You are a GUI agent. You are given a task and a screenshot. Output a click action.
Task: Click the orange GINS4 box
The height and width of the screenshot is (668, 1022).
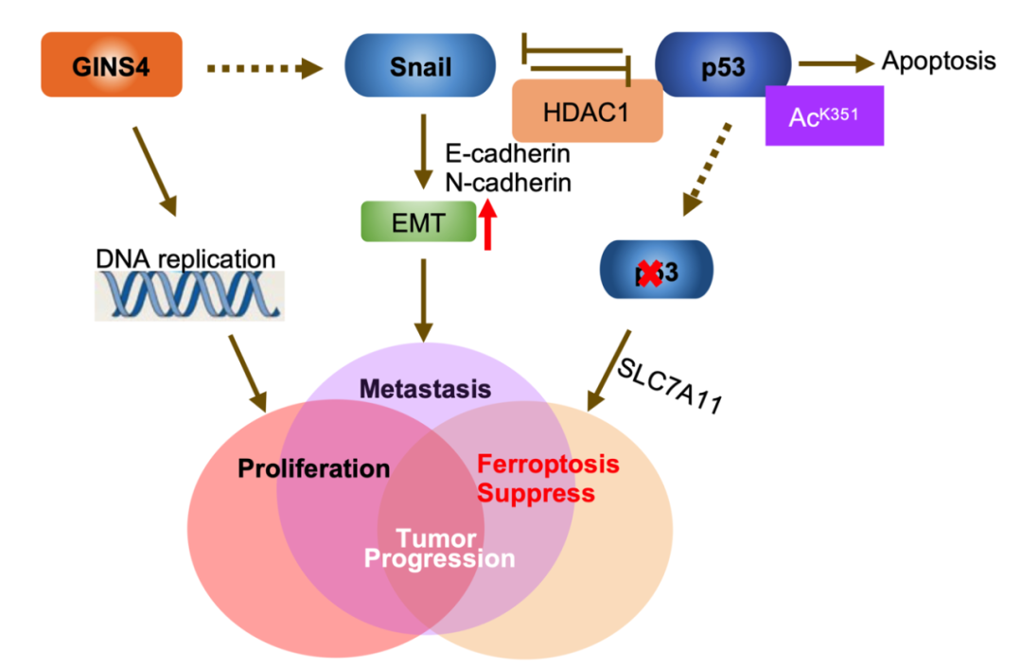coord(112,65)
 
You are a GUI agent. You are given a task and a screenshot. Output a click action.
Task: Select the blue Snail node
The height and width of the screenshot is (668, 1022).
coord(420,65)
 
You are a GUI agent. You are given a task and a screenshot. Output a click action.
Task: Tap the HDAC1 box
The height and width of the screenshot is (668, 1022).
coord(587,111)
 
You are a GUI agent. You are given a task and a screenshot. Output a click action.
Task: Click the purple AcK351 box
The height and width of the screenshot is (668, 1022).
coord(824,115)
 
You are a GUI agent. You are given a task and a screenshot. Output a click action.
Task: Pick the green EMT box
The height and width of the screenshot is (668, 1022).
coord(417,221)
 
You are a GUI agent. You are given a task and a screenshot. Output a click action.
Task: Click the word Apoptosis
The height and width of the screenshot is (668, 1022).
coord(938,62)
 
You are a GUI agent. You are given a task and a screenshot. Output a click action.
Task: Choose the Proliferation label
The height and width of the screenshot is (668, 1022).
coord(314,468)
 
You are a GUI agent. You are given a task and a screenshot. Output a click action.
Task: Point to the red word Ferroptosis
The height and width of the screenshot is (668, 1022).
coord(548,465)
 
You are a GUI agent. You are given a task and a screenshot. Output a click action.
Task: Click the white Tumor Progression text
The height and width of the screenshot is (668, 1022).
coord(438,550)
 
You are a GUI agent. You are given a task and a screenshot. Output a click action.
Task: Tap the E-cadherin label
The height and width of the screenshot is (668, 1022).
coord(507,153)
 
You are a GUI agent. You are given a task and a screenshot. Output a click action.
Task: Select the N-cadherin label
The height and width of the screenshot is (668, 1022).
coord(508,182)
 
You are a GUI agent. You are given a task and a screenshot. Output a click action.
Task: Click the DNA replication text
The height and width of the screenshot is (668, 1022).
coord(185,258)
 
